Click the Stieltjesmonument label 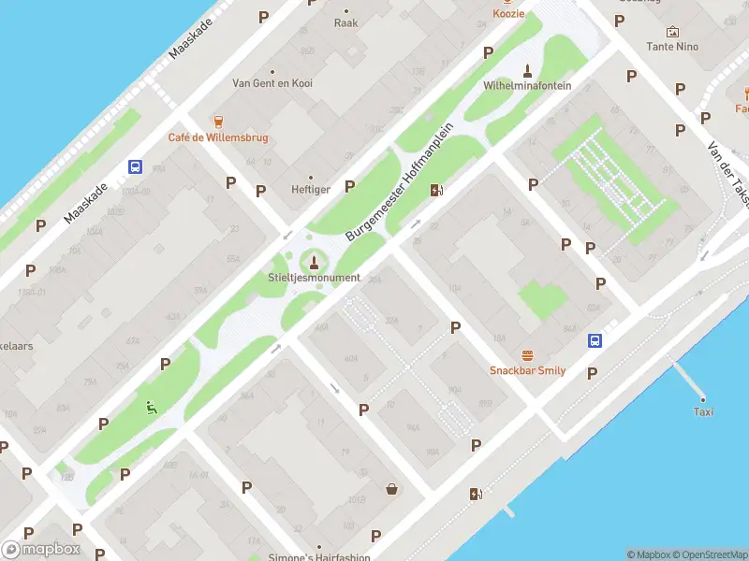coord(314,278)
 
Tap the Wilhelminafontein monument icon coord(527,69)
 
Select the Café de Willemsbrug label coord(217,137)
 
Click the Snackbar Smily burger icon coord(527,355)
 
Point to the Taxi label coord(703,412)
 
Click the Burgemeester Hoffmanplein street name coord(400,181)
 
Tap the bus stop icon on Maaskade coord(135,167)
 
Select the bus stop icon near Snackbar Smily coord(595,340)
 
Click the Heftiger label coord(311,189)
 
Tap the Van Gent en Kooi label coord(272,83)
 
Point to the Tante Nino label coord(672,46)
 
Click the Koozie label coord(508,13)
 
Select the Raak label coord(345,22)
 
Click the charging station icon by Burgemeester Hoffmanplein coord(436,191)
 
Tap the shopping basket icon coord(391,488)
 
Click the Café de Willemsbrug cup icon coord(218,122)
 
